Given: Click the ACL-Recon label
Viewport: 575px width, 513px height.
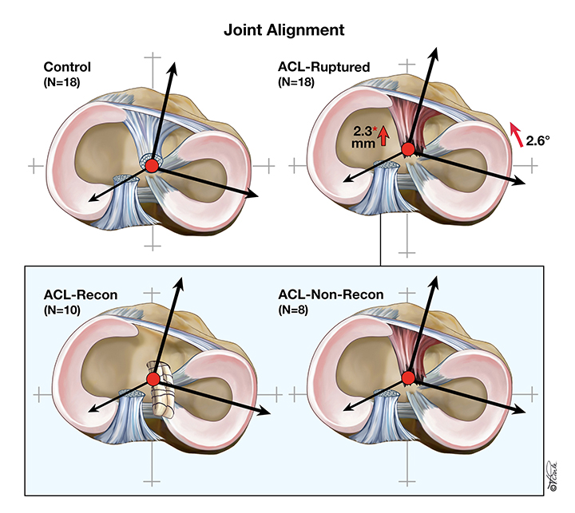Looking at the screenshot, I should click(x=80, y=295).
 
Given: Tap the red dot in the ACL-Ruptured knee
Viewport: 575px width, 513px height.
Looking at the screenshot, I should click(x=408, y=149).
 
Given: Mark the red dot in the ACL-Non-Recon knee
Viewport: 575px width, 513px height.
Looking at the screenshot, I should click(x=409, y=377).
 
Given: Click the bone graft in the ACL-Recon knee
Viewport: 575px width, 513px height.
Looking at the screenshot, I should click(x=166, y=391).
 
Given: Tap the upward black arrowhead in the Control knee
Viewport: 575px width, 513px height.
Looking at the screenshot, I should click(x=173, y=61).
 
